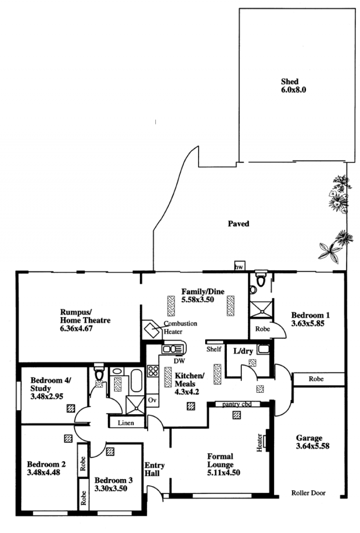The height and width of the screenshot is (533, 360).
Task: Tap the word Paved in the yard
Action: click(238, 224)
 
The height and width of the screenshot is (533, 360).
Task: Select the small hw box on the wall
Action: click(239, 266)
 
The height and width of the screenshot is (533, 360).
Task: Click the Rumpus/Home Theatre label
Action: click(85, 320)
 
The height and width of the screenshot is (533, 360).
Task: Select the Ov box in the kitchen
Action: click(152, 400)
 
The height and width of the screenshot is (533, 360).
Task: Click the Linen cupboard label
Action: click(126, 423)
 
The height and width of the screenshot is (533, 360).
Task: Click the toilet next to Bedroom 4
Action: click(99, 372)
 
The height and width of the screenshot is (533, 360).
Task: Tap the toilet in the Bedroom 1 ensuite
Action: click(261, 278)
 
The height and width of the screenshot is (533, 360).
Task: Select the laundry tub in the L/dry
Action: click(263, 349)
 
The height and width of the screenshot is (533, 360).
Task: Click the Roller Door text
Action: click(308, 493)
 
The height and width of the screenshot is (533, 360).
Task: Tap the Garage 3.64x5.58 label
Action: click(312, 442)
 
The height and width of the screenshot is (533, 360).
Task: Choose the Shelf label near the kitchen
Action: click(214, 349)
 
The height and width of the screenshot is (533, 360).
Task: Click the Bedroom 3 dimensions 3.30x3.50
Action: click(111, 488)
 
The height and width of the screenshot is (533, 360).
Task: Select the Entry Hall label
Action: click(155, 469)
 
